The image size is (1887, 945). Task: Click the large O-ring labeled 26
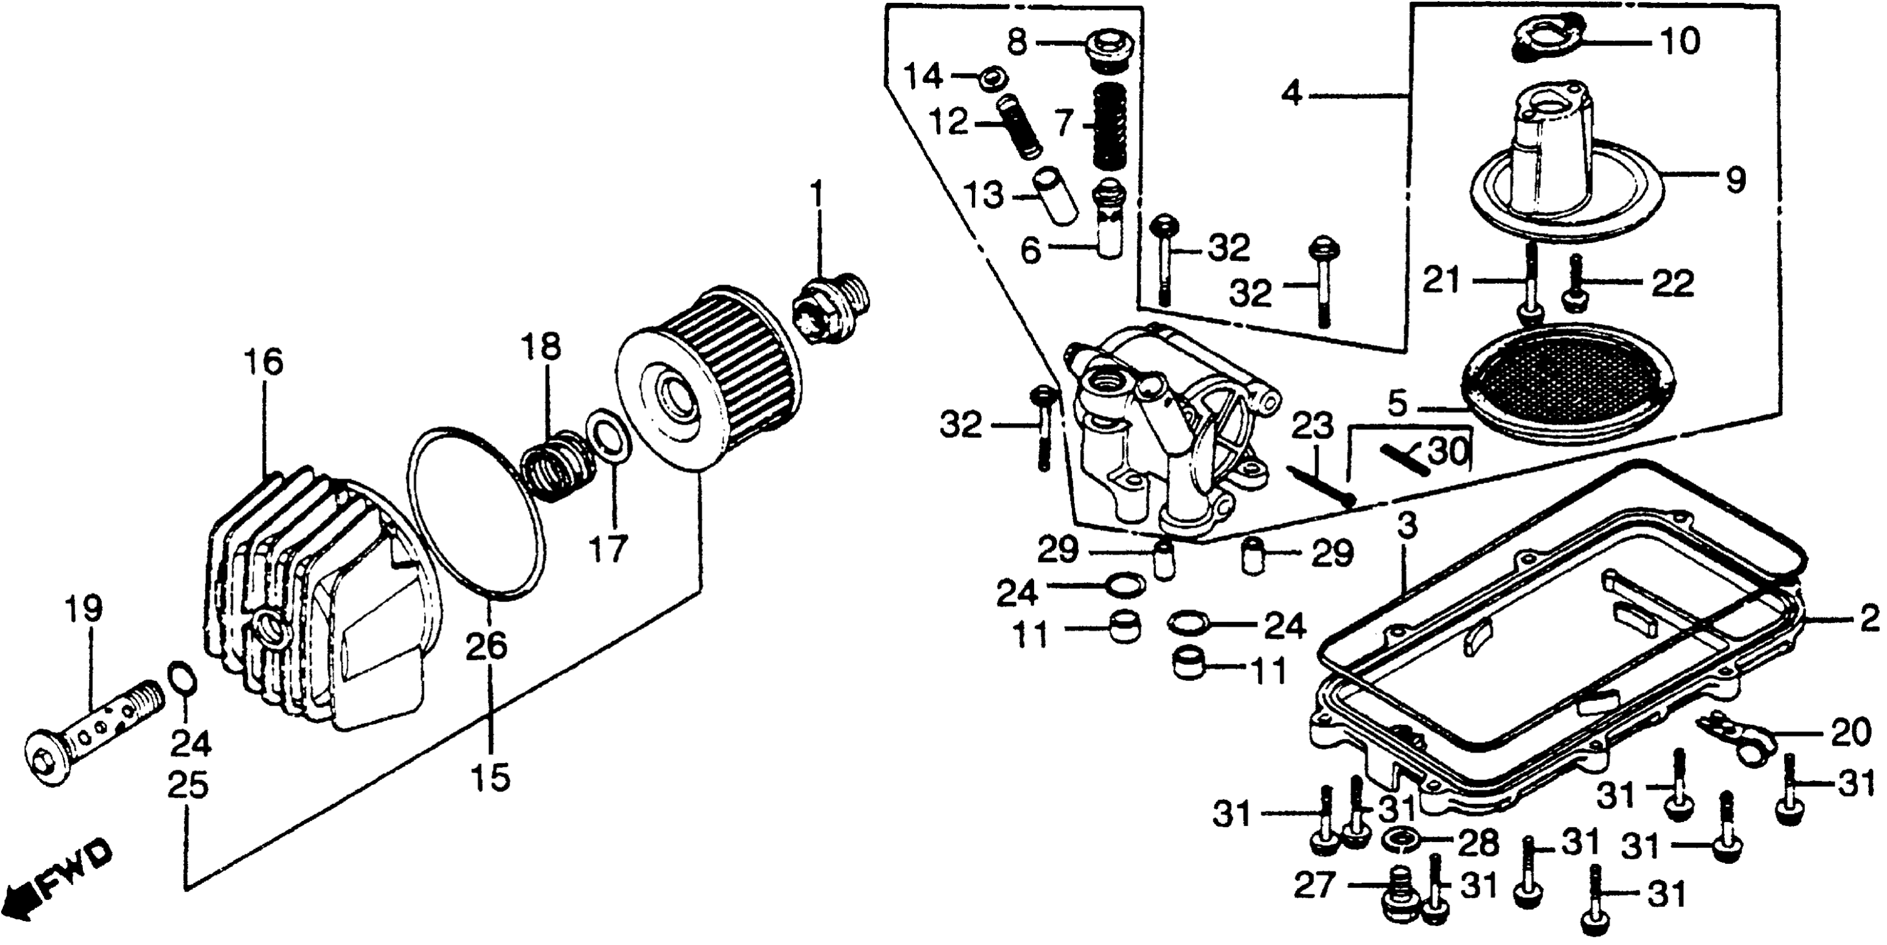coord(476,513)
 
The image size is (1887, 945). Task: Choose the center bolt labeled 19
coord(95,744)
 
